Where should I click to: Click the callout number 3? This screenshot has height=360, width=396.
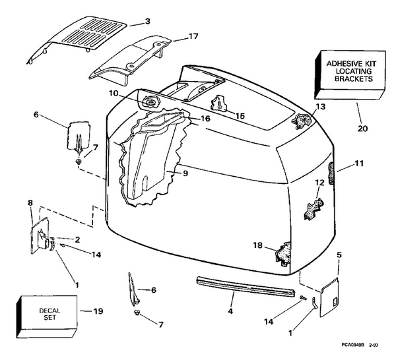pyautogui.click(x=148, y=22)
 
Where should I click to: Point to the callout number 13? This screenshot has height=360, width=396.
pyautogui.click(x=321, y=106)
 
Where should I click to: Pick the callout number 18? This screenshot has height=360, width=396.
pyautogui.click(x=257, y=245)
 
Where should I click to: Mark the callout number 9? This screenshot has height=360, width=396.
pyautogui.click(x=185, y=174)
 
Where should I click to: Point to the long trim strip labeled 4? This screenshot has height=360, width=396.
pyautogui.click(x=244, y=286)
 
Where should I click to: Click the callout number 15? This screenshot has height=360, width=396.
pyautogui.click(x=241, y=116)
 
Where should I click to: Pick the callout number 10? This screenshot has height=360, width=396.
pyautogui.click(x=114, y=94)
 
